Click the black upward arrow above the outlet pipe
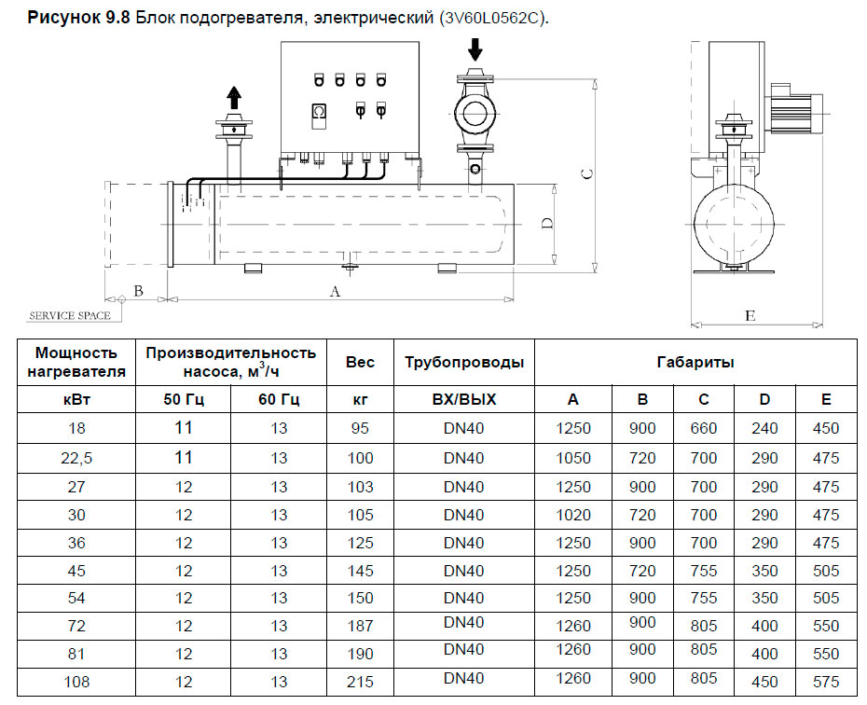point(233,97)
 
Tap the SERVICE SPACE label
point(69,315)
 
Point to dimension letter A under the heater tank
point(335,291)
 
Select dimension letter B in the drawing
point(138,290)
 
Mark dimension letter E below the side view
point(750,315)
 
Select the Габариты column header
point(695,362)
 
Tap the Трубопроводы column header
point(464,362)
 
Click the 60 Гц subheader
point(279,399)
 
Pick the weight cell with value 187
point(360,626)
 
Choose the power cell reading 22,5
point(77,458)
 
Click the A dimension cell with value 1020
point(572,515)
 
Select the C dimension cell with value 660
point(703,429)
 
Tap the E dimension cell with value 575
point(825,682)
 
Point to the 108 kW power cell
point(77,682)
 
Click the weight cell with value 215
point(360,682)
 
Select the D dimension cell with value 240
point(764,429)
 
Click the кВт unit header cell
point(77,399)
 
